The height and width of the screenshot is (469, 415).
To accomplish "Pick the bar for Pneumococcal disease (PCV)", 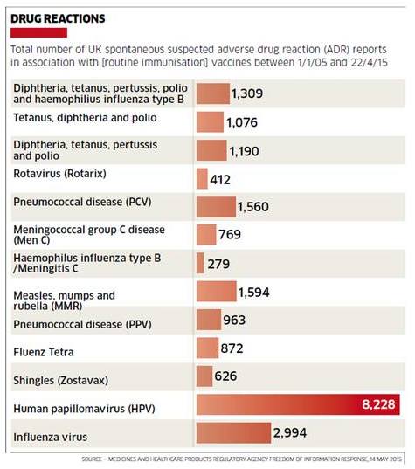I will (216, 207).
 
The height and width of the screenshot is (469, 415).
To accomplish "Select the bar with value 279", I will (200, 263).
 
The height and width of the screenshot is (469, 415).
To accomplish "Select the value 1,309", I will (247, 93).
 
